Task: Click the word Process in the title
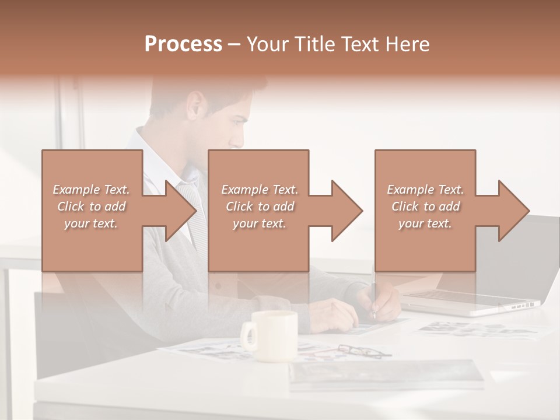pos(183,44)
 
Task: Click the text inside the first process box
pos(92,206)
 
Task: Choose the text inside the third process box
pos(425,206)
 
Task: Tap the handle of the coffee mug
pos(249,337)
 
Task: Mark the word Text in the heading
pos(362,44)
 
